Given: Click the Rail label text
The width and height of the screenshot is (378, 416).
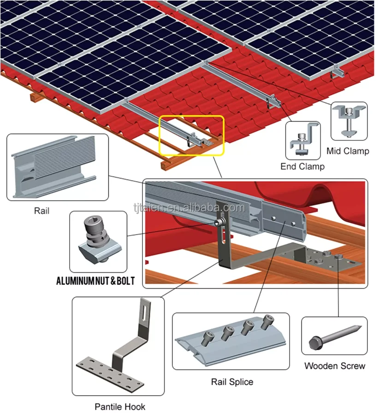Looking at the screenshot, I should (41, 211).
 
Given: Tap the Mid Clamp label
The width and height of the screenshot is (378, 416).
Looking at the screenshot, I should (348, 151).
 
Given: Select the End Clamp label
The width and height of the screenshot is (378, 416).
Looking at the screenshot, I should (302, 167).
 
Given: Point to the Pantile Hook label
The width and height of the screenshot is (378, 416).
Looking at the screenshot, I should (120, 406).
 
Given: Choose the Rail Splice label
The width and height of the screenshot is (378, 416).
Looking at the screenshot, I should (232, 381).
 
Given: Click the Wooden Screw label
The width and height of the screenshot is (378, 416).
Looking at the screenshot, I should (335, 366).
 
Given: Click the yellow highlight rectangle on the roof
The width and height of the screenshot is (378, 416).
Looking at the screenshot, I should (192, 135).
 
